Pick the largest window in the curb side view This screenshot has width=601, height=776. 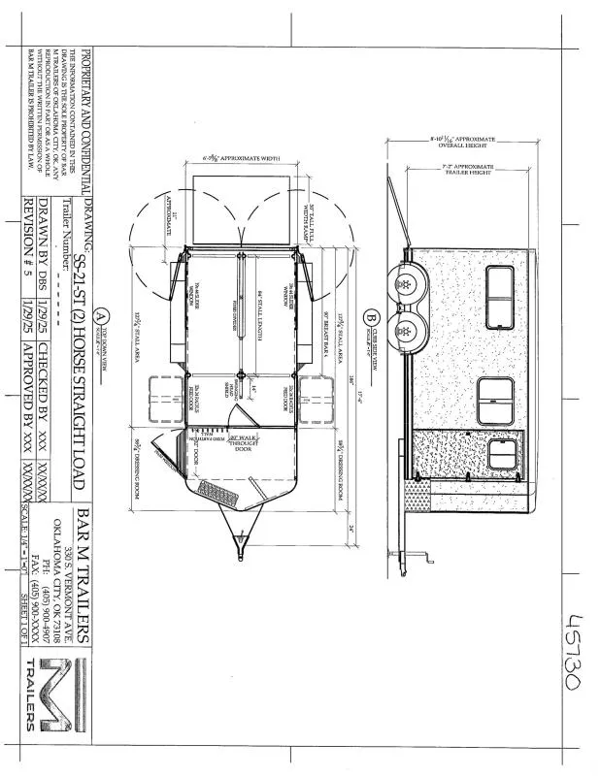tap(497, 400)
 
